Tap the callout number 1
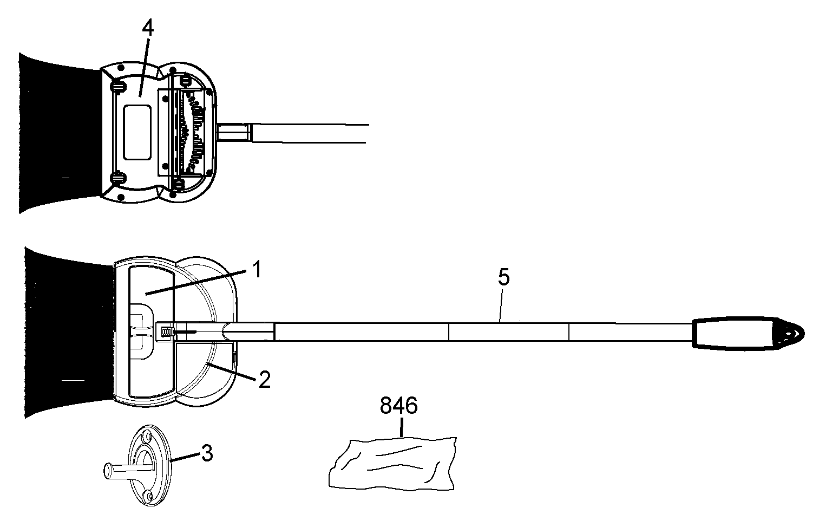257,269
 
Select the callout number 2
264,380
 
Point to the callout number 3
207,453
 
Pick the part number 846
399,406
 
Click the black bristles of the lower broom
68,332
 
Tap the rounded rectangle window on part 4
136,132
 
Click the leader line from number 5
501,305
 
